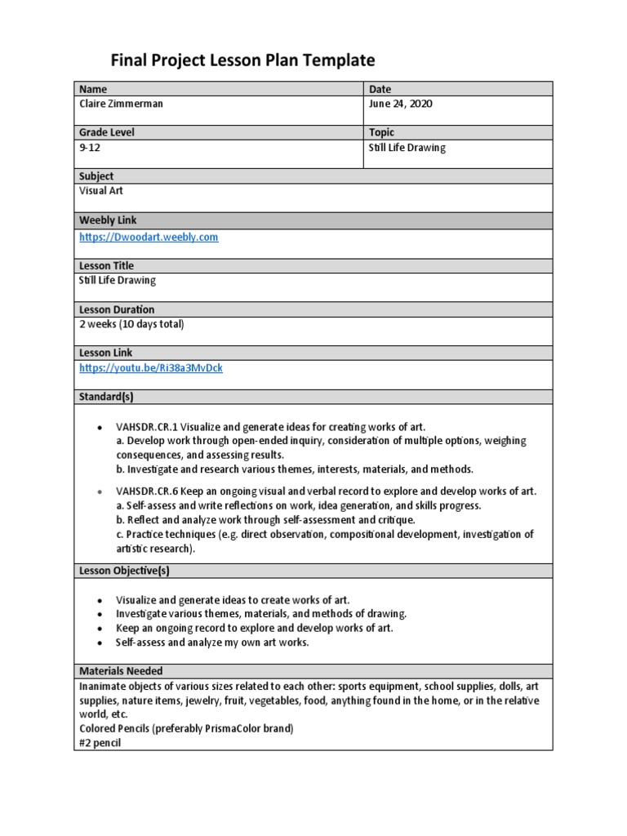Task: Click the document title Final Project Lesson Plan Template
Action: (x=242, y=60)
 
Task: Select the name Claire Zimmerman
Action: (x=120, y=104)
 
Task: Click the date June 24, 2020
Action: (x=401, y=104)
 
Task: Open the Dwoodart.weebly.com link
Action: (x=149, y=237)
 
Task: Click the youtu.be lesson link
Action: (x=150, y=368)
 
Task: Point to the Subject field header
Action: (x=96, y=176)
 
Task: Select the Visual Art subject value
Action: (x=101, y=190)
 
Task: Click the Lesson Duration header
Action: (x=117, y=309)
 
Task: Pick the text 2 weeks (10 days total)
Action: (x=131, y=324)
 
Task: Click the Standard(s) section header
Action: (x=106, y=397)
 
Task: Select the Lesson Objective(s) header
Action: (x=124, y=570)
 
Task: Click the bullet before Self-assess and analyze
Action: (x=99, y=643)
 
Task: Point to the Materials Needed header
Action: (x=121, y=671)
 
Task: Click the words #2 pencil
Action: (x=101, y=744)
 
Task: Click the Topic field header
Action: (x=381, y=132)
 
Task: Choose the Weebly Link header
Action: (x=108, y=220)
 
